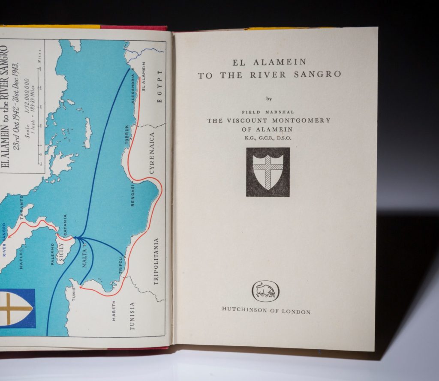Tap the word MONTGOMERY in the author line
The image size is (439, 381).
(304, 121)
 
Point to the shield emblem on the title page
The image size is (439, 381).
(268, 172)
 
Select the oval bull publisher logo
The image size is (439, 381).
(265, 291)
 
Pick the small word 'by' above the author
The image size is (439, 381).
(269, 99)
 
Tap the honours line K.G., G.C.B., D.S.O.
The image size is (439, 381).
(269, 138)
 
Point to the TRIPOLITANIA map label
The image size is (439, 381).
(156, 261)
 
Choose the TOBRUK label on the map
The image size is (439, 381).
(127, 134)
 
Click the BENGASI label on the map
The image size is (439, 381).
(133, 195)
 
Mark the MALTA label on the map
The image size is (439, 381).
(84, 258)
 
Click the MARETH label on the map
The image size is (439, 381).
(114, 311)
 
